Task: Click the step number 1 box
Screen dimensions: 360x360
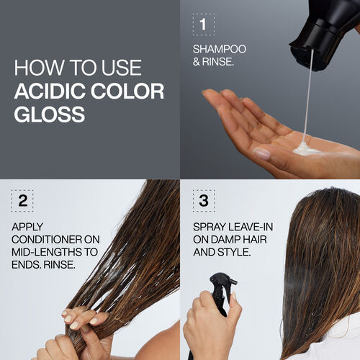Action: coord(204,24)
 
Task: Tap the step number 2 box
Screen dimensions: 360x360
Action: coord(23,202)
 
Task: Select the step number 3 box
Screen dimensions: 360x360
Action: coord(204,202)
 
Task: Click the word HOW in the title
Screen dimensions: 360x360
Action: coord(33,69)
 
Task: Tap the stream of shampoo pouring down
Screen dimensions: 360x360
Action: coord(308,94)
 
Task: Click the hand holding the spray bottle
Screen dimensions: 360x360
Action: coord(209,324)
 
